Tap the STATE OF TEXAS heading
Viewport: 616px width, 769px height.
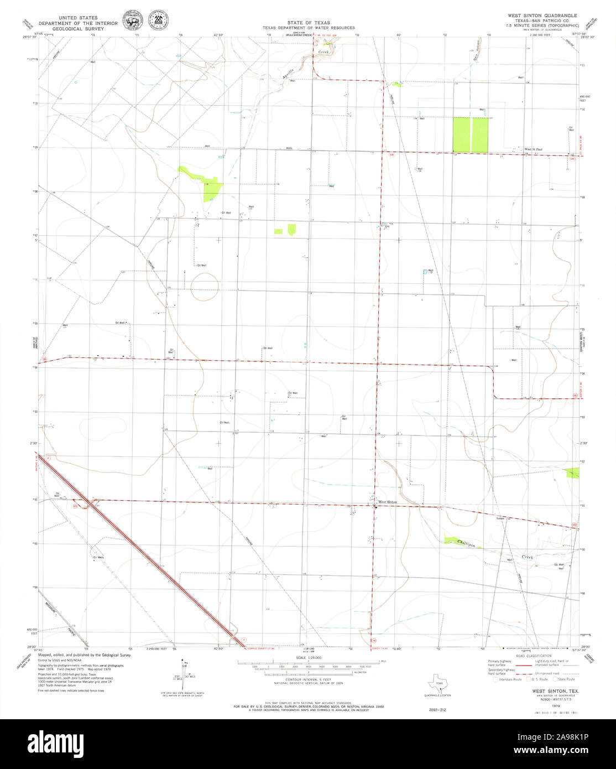pyautogui.click(x=308, y=23)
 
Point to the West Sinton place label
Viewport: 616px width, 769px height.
pyautogui.click(x=387, y=502)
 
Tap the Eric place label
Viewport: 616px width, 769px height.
pyautogui.click(x=388, y=226)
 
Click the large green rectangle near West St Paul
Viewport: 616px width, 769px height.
pyautogui.click(x=471, y=135)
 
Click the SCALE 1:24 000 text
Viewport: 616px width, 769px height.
pyautogui.click(x=309, y=657)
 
